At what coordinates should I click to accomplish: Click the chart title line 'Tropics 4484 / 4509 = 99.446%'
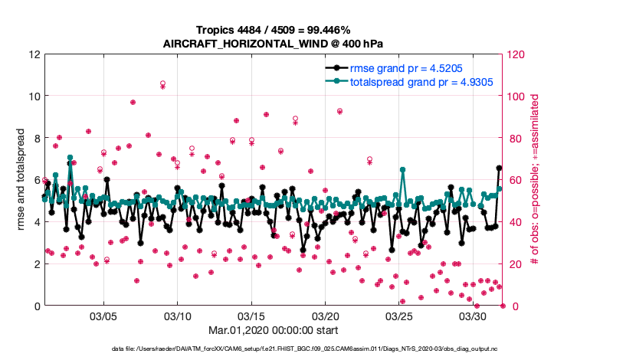click(273, 30)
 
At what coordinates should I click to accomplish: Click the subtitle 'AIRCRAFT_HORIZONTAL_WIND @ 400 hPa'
click(273, 43)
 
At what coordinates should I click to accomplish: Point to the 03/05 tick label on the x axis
click(103, 316)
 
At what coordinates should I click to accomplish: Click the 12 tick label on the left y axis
click(34, 55)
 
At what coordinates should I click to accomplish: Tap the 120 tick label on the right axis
click(517, 55)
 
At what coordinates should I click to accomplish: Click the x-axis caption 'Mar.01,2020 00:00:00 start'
click(273, 330)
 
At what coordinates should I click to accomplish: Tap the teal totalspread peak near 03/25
click(402, 170)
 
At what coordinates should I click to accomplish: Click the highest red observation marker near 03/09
click(162, 83)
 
